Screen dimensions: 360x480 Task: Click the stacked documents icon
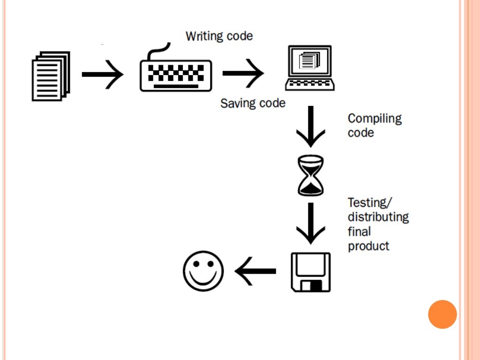click(51, 76)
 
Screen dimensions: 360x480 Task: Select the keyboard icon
click(176, 75)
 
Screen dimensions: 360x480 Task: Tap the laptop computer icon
click(310, 68)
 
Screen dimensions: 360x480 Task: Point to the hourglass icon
click(310, 176)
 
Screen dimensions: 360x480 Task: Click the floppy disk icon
click(310, 272)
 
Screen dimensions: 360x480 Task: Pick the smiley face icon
click(203, 271)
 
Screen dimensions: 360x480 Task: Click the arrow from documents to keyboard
click(103, 74)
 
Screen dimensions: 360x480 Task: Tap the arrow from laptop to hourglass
click(310, 127)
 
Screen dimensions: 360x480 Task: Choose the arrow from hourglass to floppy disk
click(310, 223)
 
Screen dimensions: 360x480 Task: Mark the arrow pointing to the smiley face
click(255, 271)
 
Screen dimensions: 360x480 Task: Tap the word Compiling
click(375, 119)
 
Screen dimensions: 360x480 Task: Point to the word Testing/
click(369, 203)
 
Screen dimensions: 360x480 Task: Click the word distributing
click(378, 217)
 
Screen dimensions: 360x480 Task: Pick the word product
click(368, 246)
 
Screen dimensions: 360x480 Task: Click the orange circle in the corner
click(442, 314)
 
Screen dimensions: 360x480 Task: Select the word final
click(359, 231)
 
